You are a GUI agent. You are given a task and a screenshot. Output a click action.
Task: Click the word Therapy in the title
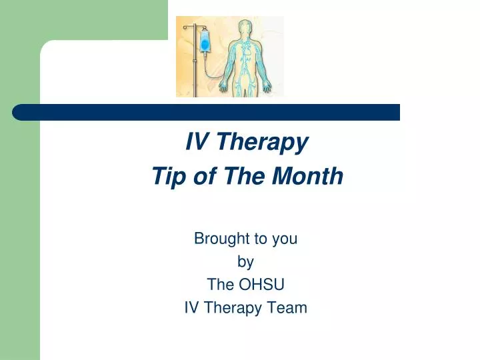point(263,142)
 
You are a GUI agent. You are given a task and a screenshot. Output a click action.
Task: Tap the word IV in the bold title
point(195,141)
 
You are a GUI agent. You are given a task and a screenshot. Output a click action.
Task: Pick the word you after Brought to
point(285,239)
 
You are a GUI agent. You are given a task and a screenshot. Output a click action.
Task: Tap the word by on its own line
point(246,261)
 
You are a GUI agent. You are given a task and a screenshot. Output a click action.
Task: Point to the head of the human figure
point(246,29)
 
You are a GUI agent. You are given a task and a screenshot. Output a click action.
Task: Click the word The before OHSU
point(220,285)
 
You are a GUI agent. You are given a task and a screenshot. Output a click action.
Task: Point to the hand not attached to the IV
point(269,87)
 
